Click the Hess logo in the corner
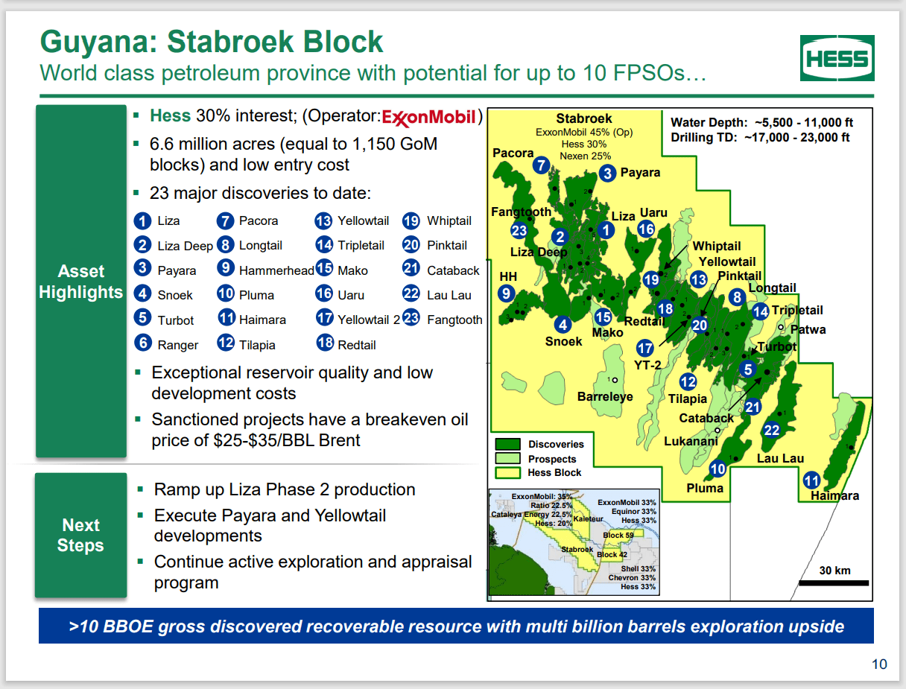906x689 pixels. click(x=837, y=58)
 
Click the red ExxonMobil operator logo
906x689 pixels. click(x=429, y=118)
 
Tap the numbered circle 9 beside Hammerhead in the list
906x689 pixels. click(x=225, y=267)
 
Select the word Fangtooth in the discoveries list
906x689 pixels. click(x=454, y=320)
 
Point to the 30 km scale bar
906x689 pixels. click(x=834, y=583)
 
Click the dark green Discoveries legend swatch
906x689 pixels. click(x=507, y=444)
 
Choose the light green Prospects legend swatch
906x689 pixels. click(x=507, y=458)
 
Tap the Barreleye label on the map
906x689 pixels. click(x=605, y=396)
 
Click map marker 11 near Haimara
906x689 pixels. click(x=811, y=480)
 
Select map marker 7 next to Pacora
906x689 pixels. click(x=541, y=165)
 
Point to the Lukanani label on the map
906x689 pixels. click(x=691, y=441)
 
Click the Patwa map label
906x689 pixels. click(x=808, y=330)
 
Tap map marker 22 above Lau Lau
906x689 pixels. click(x=771, y=431)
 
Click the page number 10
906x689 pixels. click(x=879, y=664)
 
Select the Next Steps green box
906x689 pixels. click(x=81, y=535)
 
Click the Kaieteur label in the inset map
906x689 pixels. click(x=588, y=518)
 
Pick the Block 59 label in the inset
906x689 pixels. click(x=618, y=535)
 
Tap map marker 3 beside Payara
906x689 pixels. click(x=607, y=173)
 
